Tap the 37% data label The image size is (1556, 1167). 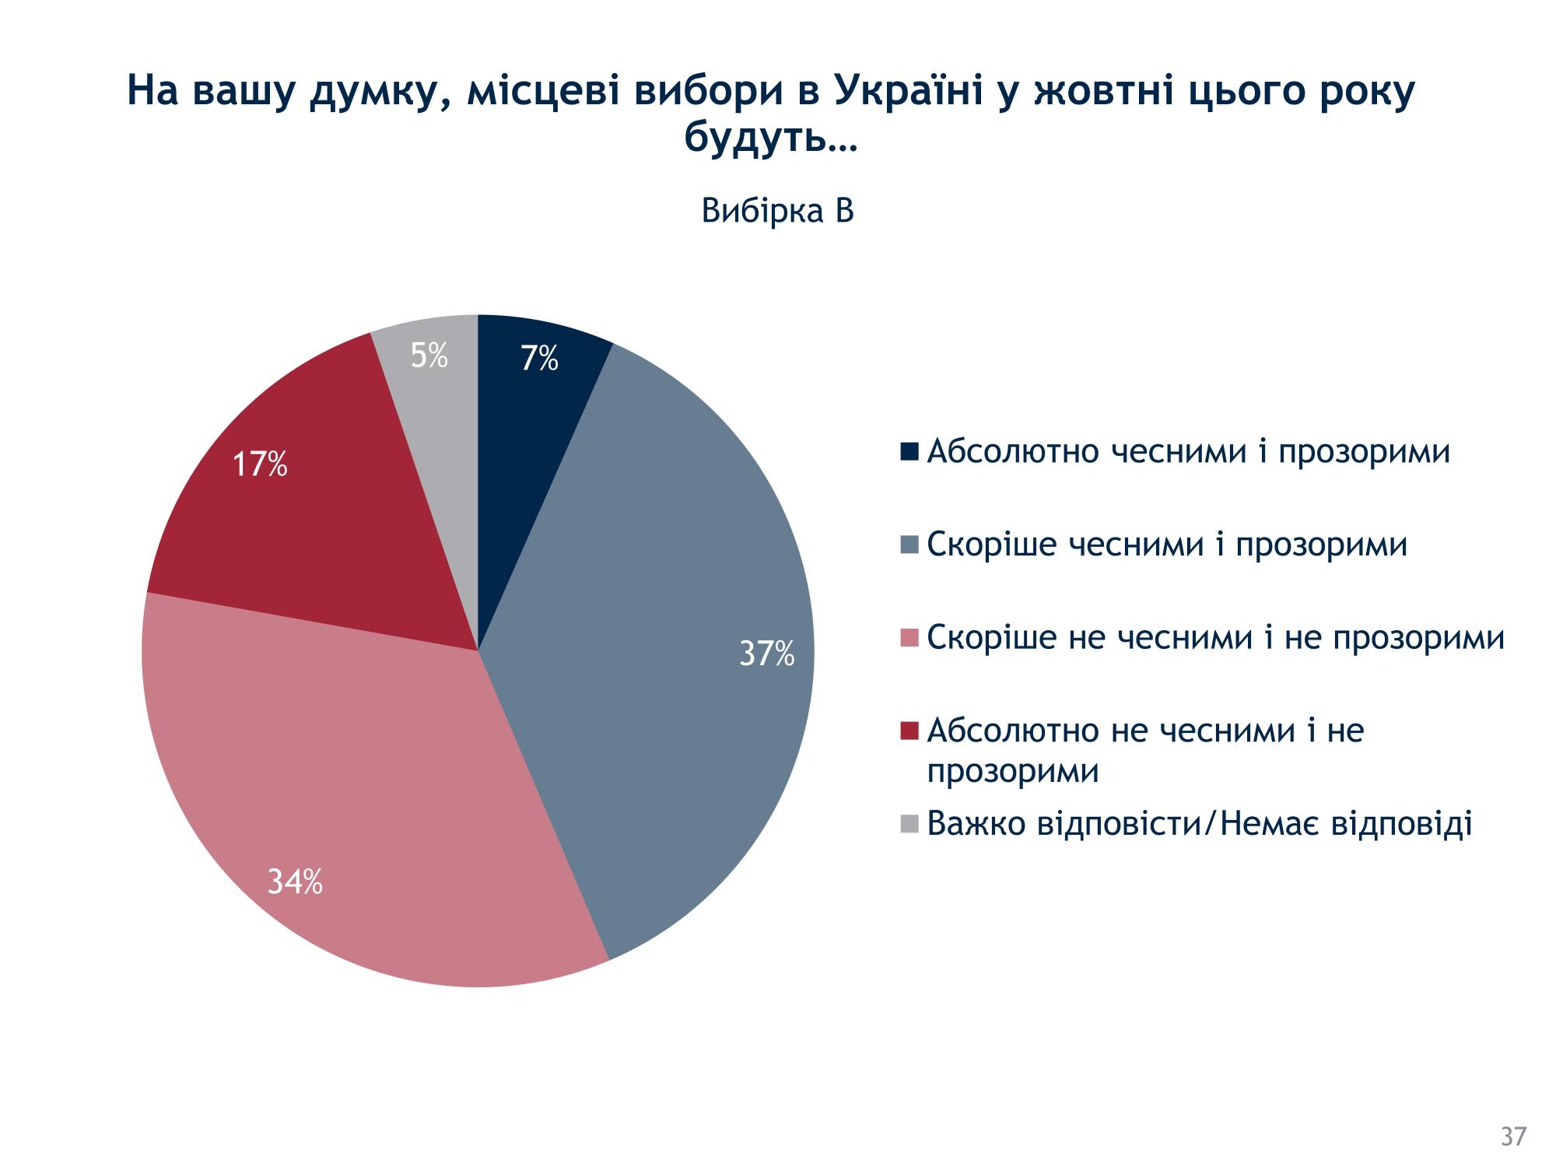[x=766, y=654]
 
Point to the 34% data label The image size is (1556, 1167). [x=295, y=882]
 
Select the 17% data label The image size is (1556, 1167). [x=260, y=464]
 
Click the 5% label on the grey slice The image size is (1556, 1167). [x=429, y=356]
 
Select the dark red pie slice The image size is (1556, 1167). [x=311, y=529]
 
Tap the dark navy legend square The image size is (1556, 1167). [x=909, y=451]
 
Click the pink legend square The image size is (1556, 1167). [x=909, y=638]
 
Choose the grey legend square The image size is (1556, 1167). [x=909, y=823]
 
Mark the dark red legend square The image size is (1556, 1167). [x=909, y=731]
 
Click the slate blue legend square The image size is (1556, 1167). [x=909, y=545]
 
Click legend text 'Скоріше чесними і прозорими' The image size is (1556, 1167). [x=1167, y=545]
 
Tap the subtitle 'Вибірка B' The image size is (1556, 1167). [x=777, y=211]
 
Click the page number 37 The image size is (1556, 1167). [x=1513, y=1137]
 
